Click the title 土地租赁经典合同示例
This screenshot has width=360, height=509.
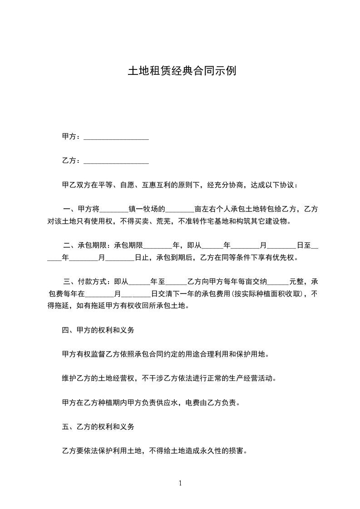click(x=182, y=71)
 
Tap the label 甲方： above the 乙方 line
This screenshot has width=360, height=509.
click(x=71, y=137)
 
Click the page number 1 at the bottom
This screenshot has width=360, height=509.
click(x=180, y=483)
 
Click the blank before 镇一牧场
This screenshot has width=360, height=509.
click(x=114, y=209)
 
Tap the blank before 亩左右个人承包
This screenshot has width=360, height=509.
click(x=180, y=209)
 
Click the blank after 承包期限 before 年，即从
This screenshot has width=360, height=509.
click(x=158, y=246)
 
